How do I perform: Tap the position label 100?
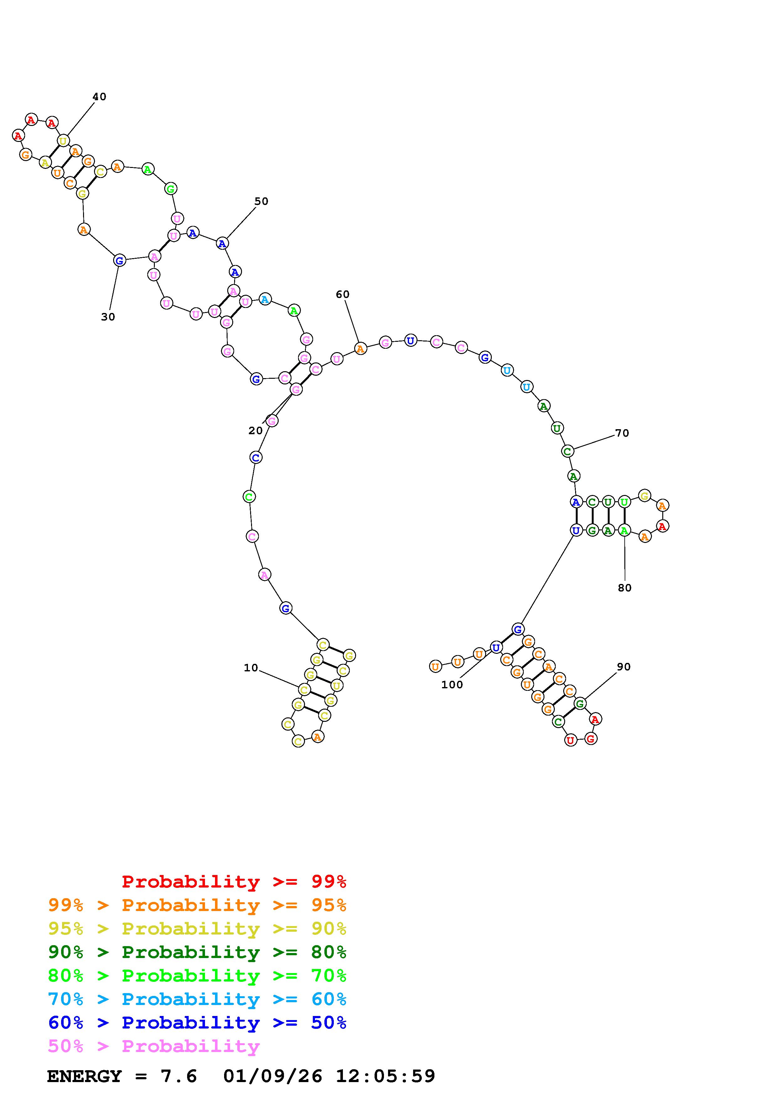coord(452,685)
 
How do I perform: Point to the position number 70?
coord(622,433)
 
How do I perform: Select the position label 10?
coord(251,668)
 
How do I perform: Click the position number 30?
coord(108,317)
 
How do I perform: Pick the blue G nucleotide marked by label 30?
coord(119,260)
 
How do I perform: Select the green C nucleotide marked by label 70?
coord(567,451)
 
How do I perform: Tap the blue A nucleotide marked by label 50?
coord(222,243)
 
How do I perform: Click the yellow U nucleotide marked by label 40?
coord(63,141)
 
